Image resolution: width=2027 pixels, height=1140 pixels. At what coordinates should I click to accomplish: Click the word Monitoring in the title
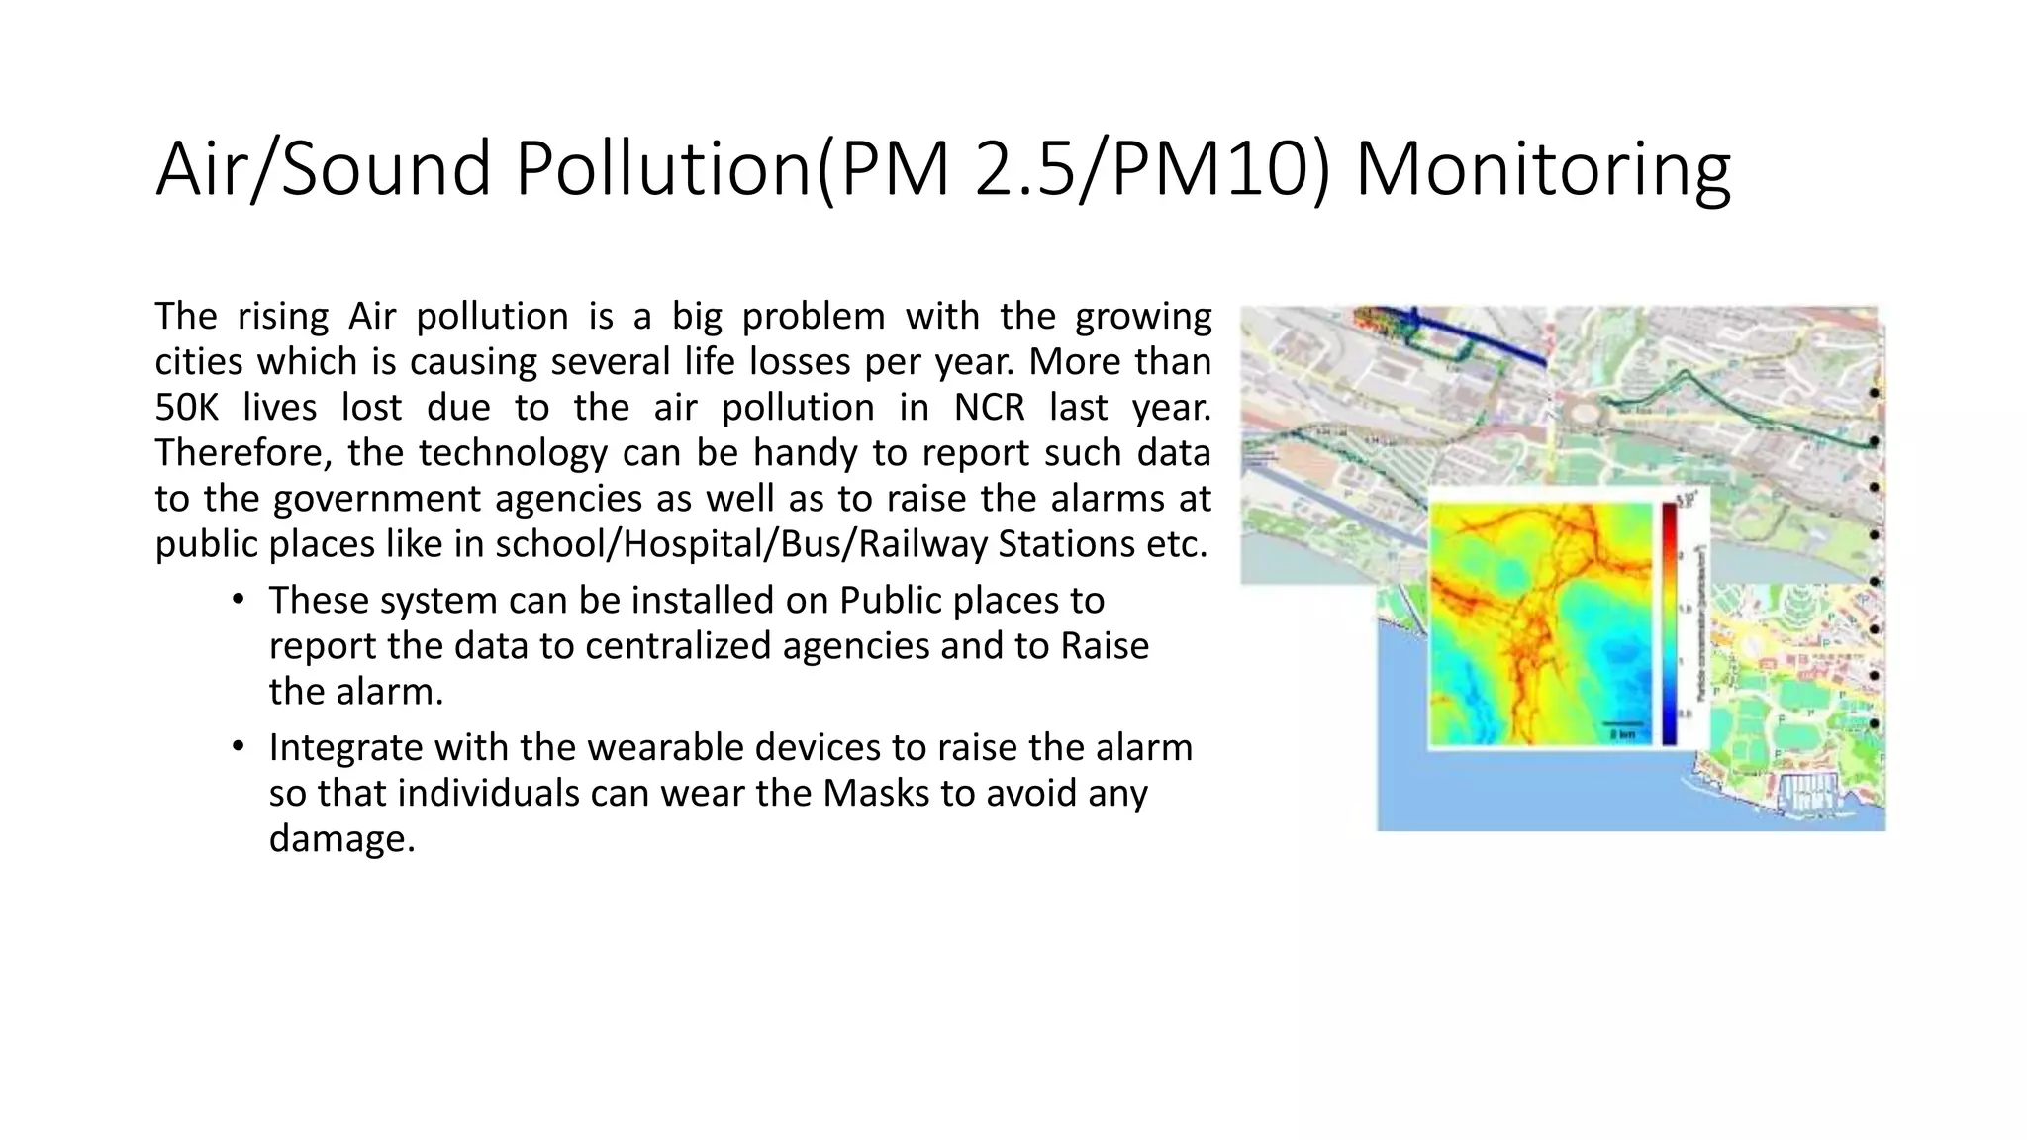(x=1542, y=170)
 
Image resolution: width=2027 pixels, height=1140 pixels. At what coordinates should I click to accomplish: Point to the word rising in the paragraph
(x=283, y=317)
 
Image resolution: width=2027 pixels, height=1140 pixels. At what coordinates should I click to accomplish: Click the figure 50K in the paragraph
(x=186, y=408)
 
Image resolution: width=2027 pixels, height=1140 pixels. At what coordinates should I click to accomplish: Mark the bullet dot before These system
(x=238, y=600)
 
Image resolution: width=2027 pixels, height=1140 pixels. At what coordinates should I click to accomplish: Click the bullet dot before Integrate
(x=238, y=746)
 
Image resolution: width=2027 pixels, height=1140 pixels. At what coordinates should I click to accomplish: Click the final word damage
(x=340, y=838)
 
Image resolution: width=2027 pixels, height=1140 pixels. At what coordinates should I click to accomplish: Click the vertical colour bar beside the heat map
(x=1670, y=623)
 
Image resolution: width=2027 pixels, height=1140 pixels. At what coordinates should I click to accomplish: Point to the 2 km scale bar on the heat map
(x=1624, y=725)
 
